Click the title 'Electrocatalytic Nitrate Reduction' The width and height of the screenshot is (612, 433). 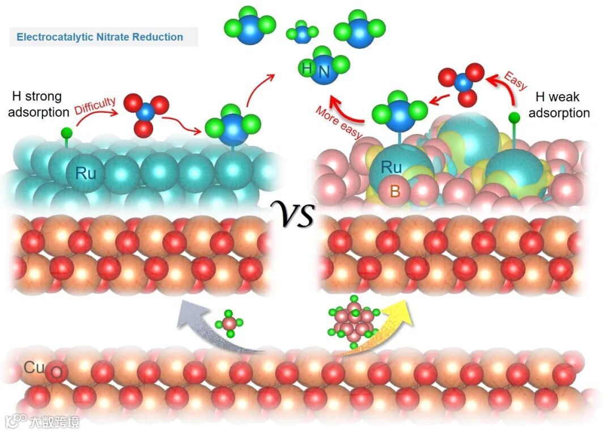click(x=100, y=37)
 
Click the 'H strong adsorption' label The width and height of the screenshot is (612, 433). click(x=40, y=104)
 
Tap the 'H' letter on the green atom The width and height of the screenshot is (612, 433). click(x=307, y=69)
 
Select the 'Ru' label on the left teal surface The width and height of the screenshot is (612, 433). click(x=86, y=173)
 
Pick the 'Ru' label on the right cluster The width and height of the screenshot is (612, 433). click(x=392, y=168)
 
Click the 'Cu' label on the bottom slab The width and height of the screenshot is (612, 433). click(x=32, y=367)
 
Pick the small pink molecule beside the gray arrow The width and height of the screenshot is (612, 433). click(x=230, y=323)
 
